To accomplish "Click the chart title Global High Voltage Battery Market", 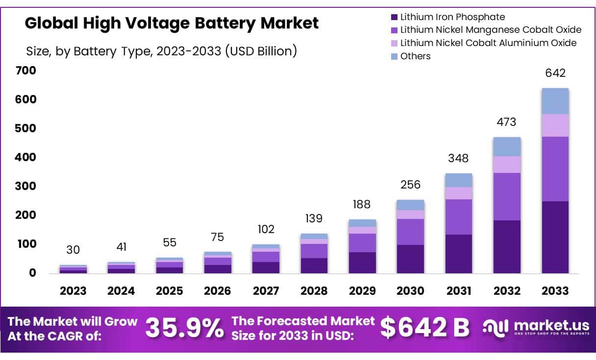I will (172, 23).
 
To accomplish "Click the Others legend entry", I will (415, 56).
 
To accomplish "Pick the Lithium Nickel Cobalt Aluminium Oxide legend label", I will (488, 43).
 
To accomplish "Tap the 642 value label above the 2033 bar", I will (555, 73).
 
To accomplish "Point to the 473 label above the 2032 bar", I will (507, 122).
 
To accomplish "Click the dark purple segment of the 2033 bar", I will (555, 237).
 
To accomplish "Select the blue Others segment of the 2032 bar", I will (507, 146).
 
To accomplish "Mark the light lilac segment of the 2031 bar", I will (459, 193).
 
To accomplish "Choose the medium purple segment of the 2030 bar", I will (411, 232).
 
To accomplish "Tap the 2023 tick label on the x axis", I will (73, 290).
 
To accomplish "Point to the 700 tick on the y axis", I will (26, 71).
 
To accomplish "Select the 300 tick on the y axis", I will (26, 186).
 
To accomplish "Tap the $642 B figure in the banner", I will (425, 328).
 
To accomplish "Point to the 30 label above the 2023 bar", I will (73, 250).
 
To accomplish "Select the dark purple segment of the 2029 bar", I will (363, 263).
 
